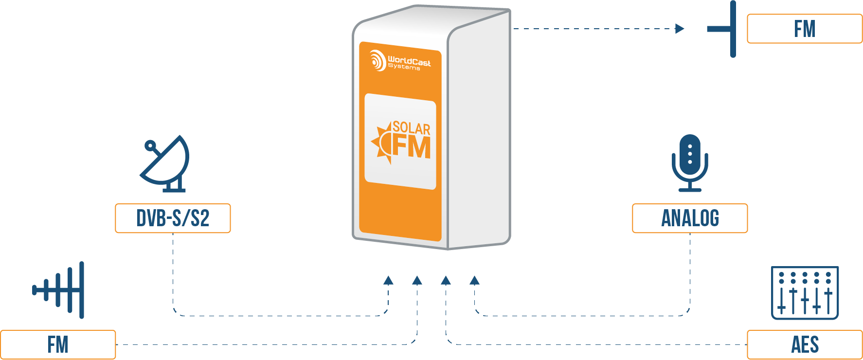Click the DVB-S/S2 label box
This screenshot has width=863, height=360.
[x=173, y=218]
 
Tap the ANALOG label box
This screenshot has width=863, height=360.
[x=690, y=218]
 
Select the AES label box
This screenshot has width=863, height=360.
[x=805, y=345]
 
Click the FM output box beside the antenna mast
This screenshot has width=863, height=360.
[x=805, y=29]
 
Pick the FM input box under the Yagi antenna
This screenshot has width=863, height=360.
[x=58, y=345]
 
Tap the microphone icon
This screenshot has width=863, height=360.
[x=690, y=162]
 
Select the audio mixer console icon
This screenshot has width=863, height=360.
[x=805, y=292]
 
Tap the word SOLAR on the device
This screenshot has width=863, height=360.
[x=412, y=128]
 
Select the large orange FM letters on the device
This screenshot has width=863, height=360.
[x=412, y=147]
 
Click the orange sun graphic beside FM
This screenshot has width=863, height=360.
[x=382, y=143]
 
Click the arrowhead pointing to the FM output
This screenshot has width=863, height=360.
[x=680, y=29]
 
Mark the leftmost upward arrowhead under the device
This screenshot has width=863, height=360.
[x=388, y=280]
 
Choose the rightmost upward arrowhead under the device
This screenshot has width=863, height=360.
[x=475, y=280]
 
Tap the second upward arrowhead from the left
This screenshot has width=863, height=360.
[x=417, y=280]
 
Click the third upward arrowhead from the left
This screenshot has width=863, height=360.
[x=446, y=280]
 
